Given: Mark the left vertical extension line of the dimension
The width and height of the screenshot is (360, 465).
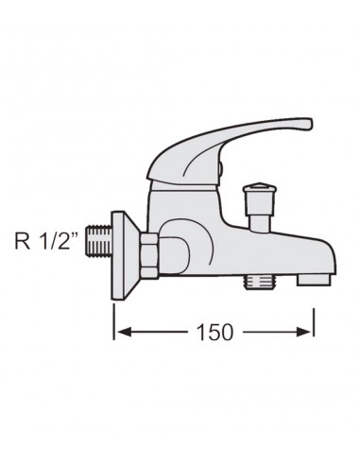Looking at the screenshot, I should (x=115, y=317).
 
